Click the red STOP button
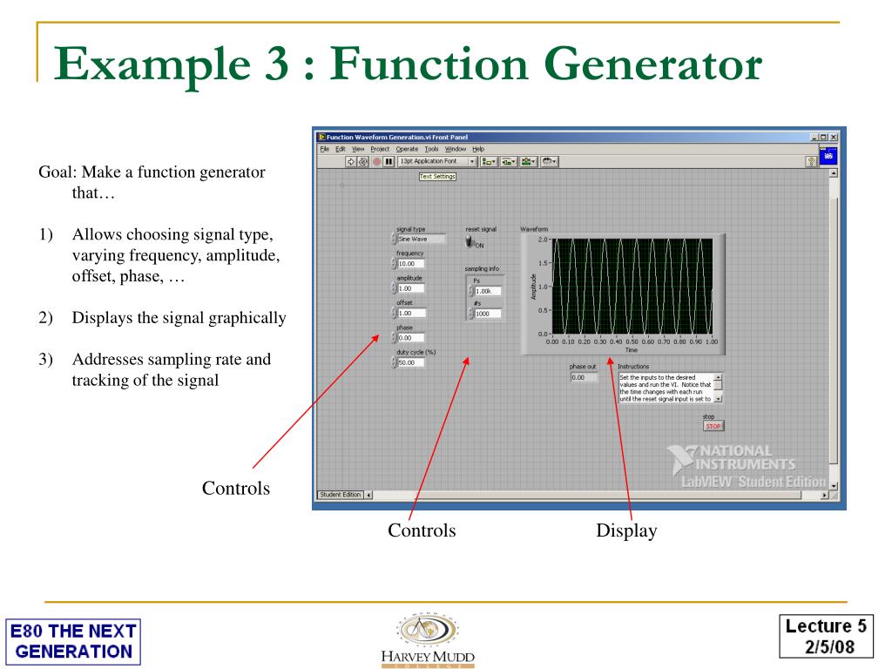point(713,426)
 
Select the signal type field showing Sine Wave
point(422,239)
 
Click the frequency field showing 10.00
point(411,263)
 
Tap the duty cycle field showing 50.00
point(411,362)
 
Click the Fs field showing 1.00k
point(487,291)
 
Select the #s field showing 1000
point(487,314)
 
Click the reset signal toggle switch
point(471,241)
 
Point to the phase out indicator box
point(584,377)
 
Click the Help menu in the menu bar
point(478,149)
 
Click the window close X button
point(834,137)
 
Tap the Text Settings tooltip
point(437,176)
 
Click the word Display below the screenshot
point(625,530)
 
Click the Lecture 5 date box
point(826,633)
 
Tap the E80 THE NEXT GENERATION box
point(72,640)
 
